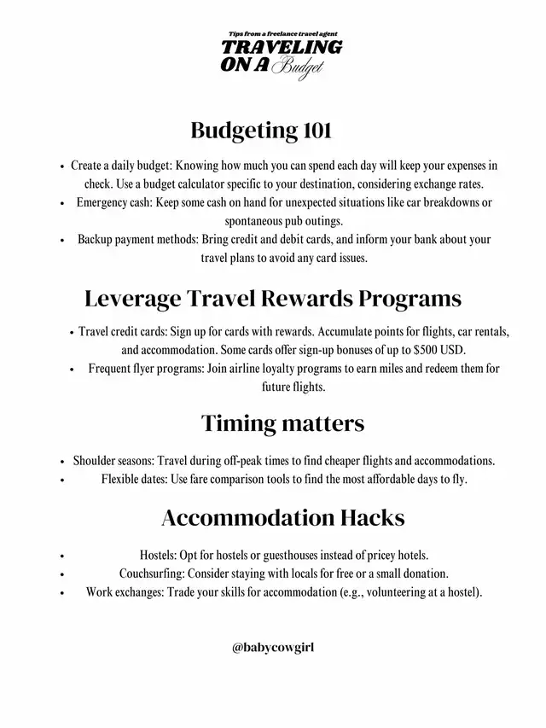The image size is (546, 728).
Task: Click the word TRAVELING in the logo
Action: click(282, 47)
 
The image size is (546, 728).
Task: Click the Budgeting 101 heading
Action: click(260, 131)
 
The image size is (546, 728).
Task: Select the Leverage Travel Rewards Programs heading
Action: click(273, 299)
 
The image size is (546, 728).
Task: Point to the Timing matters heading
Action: click(282, 422)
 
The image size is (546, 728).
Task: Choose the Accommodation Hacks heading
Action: click(282, 517)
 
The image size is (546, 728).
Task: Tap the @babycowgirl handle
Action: click(273, 648)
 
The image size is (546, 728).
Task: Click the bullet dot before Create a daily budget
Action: click(63, 166)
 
